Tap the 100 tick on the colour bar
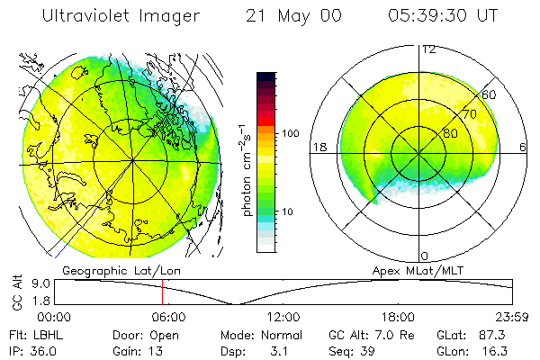click(x=291, y=132)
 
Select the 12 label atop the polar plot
click(x=428, y=49)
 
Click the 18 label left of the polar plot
click(x=317, y=147)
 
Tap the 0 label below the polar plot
click(x=425, y=256)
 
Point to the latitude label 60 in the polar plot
click(x=490, y=94)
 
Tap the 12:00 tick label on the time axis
click(x=283, y=317)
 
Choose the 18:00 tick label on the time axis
click(x=398, y=317)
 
